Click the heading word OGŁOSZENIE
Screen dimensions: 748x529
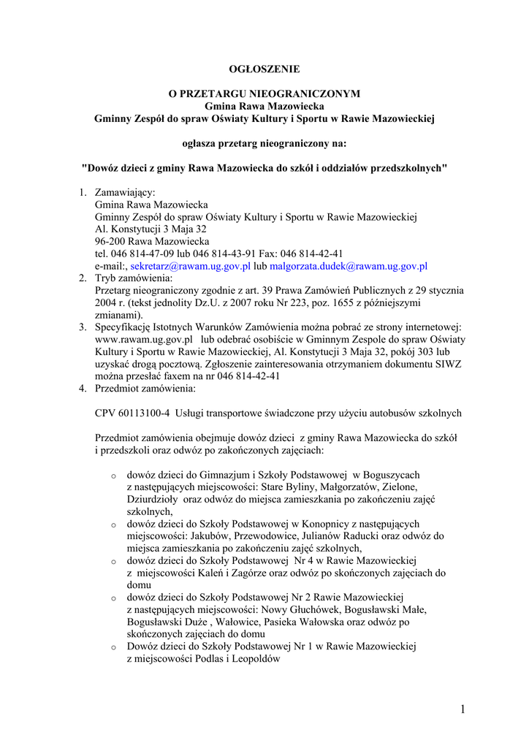[264, 69]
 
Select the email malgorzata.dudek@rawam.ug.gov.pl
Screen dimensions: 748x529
[349, 267]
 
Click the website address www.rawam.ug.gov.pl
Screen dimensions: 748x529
[144, 340]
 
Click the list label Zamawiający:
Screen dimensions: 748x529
[125, 192]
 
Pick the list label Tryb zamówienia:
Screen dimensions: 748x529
[134, 278]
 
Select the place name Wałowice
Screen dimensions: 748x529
[216, 622]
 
